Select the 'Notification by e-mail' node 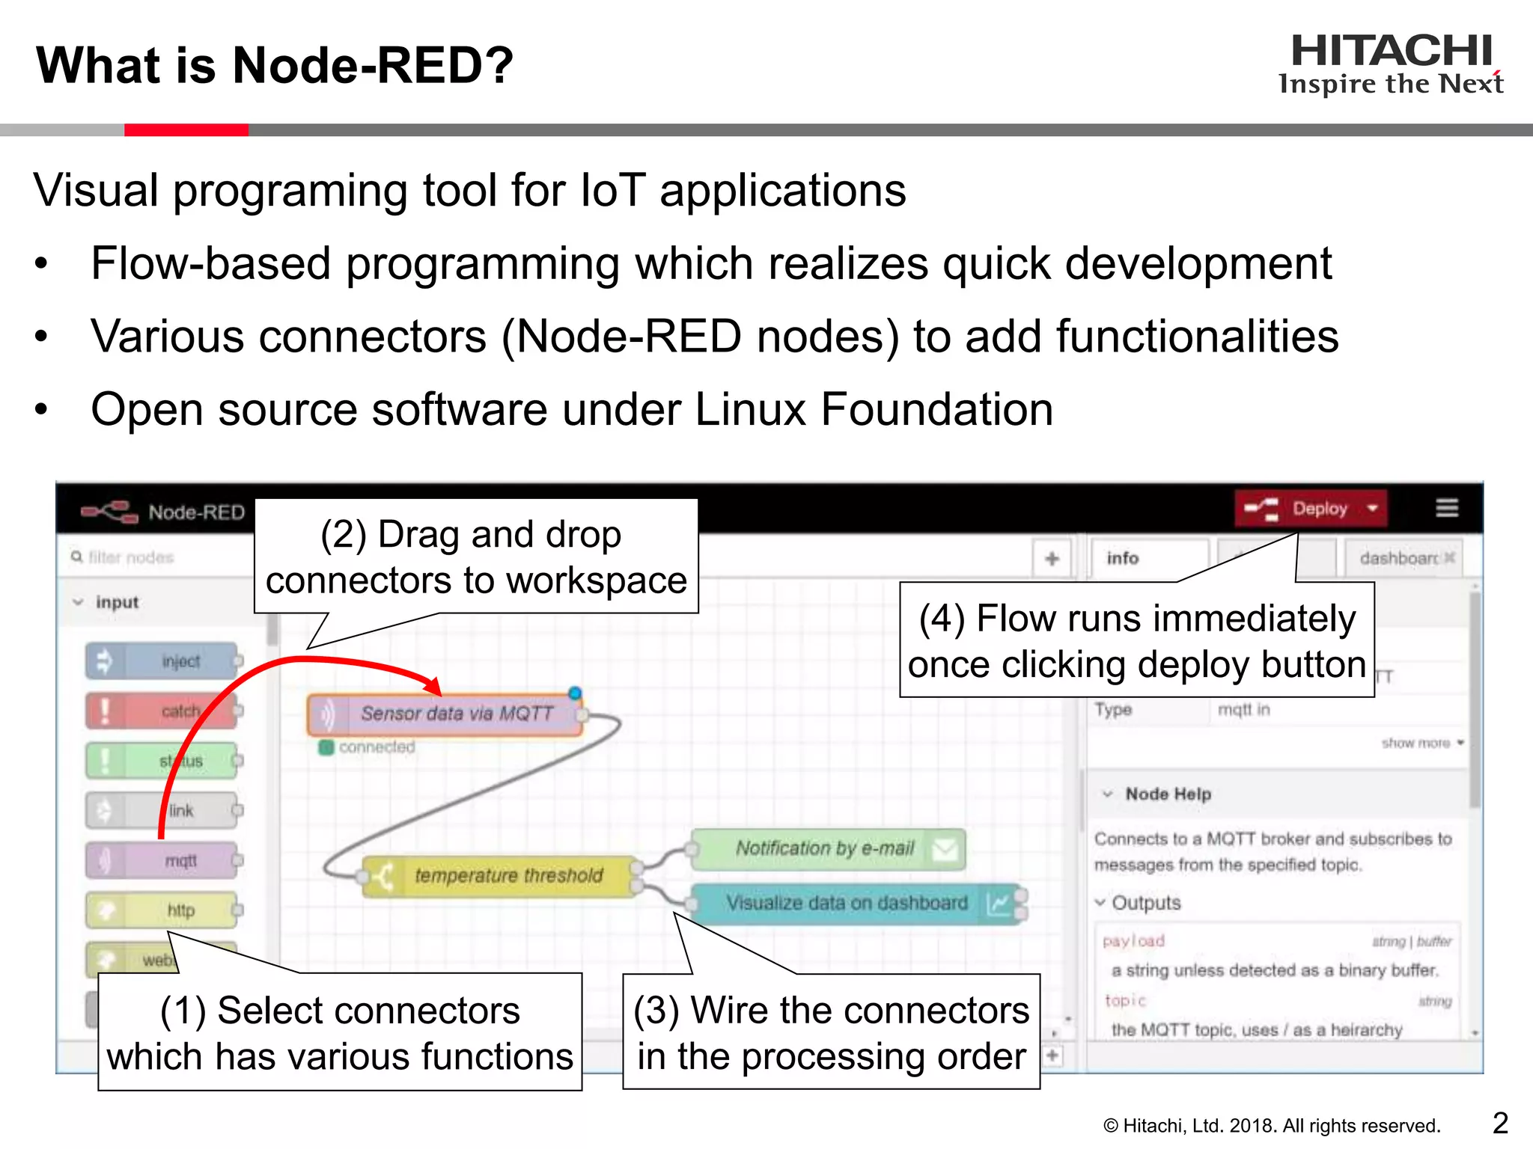pos(826,848)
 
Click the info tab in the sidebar pos(1123,558)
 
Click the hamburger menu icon pos(1447,509)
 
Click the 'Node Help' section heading pos(1168,794)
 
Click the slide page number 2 pos(1500,1123)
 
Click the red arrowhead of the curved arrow pos(433,685)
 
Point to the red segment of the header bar pos(186,130)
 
